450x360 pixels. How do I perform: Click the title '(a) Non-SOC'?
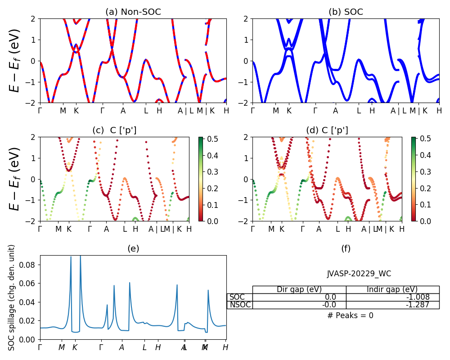(133, 12)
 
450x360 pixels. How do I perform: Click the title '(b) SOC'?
(346, 12)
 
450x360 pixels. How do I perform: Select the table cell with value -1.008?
(392, 297)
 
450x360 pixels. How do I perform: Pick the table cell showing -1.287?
(392, 305)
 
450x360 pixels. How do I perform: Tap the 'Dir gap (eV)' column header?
(299, 289)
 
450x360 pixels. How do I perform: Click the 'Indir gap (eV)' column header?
(392, 289)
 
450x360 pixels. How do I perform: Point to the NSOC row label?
(240, 305)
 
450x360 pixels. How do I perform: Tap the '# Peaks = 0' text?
(350, 315)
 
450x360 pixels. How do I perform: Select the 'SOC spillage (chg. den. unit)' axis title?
(12, 297)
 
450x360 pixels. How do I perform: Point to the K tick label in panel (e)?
(75, 347)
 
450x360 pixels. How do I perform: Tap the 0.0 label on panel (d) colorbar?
(425, 221)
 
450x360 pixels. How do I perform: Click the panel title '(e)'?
(133, 249)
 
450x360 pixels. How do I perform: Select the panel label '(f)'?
(346, 249)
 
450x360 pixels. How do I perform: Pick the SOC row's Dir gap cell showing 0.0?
(299, 297)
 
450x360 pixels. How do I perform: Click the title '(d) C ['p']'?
(327, 130)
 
